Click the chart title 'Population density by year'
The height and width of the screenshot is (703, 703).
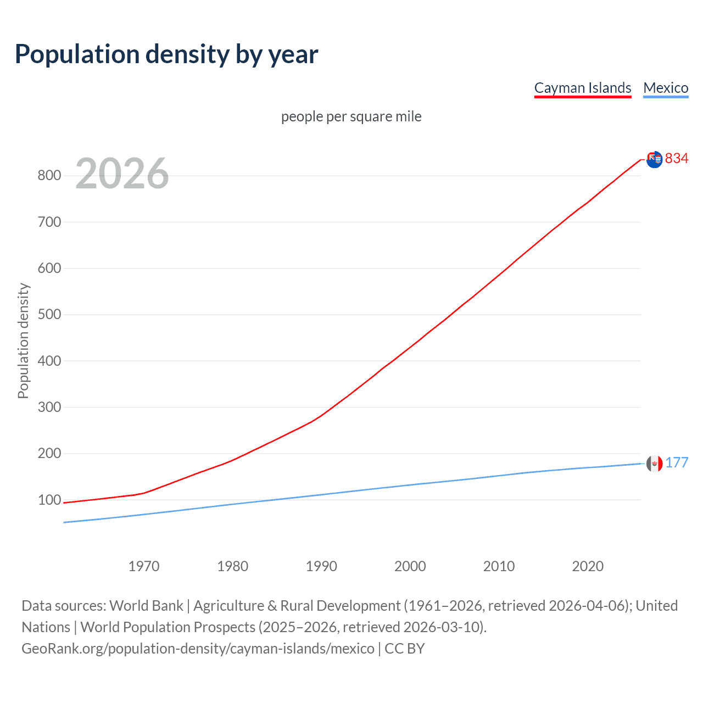pos(166,54)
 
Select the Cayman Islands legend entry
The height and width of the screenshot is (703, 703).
pos(582,88)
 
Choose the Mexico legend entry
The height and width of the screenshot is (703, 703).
pos(666,88)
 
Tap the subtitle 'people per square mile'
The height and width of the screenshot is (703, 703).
pos(351,116)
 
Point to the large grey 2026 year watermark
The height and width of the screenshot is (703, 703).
pos(122,174)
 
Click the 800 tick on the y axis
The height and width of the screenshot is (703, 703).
pos(49,176)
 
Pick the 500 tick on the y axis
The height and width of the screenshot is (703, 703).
pos(49,315)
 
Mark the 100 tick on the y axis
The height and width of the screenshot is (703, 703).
pos(49,500)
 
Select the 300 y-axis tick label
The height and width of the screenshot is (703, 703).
pos(49,408)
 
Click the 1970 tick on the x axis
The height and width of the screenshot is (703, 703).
pos(144,566)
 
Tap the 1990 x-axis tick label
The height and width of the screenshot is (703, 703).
pos(321,566)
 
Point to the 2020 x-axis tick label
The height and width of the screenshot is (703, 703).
pos(588,566)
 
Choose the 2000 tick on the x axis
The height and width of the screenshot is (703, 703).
pos(410,566)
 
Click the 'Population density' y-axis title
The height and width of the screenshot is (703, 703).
pos(23,341)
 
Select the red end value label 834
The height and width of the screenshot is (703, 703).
pos(677,158)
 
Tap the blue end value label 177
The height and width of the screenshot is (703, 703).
pos(677,462)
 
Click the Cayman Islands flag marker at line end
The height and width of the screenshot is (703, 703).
pos(654,159)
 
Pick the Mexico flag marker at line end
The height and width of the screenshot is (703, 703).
pos(654,464)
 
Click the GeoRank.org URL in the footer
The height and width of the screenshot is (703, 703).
pos(198,649)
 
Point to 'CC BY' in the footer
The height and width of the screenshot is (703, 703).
pos(405,649)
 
